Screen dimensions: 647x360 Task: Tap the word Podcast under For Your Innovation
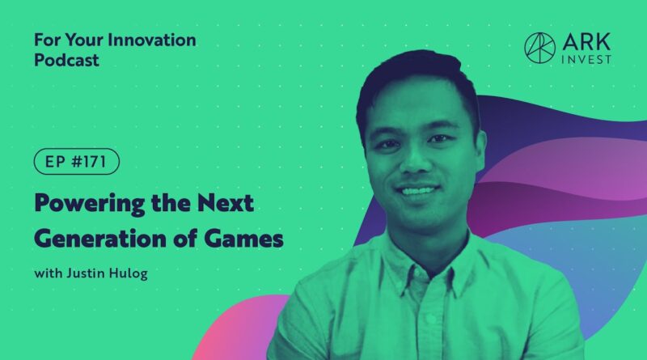click(66, 61)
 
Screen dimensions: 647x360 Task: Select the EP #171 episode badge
click(76, 162)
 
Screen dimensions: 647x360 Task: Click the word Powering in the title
click(90, 204)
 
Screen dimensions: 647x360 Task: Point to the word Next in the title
click(226, 203)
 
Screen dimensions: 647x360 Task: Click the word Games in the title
click(243, 239)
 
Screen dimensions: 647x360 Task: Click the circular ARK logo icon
click(539, 48)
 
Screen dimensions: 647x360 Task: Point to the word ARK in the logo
click(586, 42)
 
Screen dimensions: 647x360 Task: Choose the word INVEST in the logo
click(586, 60)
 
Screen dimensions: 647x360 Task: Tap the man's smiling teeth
click(417, 191)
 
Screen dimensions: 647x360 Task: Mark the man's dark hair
click(417, 78)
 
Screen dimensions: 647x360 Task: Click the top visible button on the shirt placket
click(429, 318)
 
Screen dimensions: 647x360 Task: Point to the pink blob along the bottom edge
click(239, 328)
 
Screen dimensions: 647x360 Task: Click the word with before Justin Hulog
click(49, 273)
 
